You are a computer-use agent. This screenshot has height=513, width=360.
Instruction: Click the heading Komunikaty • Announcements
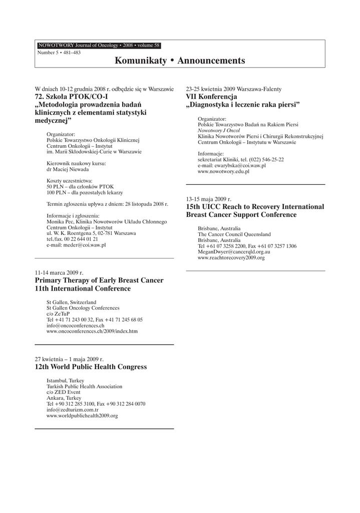[180, 61]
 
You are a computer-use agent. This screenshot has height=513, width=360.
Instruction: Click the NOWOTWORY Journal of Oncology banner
[99, 45]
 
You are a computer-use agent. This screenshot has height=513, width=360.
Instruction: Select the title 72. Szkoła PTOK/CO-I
[72, 96]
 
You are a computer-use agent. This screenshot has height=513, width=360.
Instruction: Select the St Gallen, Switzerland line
[71, 302]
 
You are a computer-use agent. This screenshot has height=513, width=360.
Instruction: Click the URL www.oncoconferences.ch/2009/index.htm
[92, 331]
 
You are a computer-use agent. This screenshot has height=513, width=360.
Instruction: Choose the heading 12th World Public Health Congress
[91, 367]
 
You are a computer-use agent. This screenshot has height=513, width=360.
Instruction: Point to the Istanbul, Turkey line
[65, 381]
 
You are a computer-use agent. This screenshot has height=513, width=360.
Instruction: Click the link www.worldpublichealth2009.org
[82, 416]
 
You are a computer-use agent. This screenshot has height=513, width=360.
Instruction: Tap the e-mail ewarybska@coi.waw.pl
[232, 165]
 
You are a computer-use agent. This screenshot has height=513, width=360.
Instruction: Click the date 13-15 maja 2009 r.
[208, 199]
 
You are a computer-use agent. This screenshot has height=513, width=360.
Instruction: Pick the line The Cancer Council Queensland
[234, 234]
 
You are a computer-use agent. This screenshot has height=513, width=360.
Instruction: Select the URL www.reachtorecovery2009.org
[231, 258]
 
